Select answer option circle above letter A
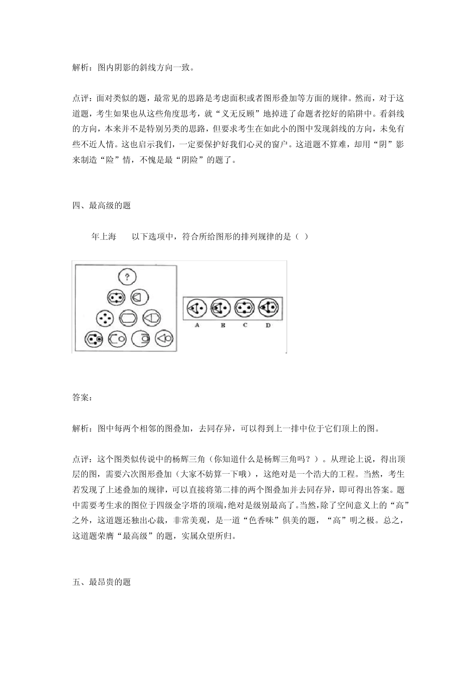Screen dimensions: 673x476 click(x=197, y=308)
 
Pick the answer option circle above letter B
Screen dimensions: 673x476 click(x=220, y=308)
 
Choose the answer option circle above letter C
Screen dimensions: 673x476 click(x=245, y=308)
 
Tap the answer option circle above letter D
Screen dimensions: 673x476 click(x=269, y=308)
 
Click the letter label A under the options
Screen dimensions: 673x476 click(x=197, y=325)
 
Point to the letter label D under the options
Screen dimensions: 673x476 click(x=268, y=325)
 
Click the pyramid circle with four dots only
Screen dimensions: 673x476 click(x=106, y=318)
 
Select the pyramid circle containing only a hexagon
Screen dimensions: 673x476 click(x=129, y=318)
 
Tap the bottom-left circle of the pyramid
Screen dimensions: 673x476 click(x=94, y=339)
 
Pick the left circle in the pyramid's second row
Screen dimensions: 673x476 click(x=116, y=297)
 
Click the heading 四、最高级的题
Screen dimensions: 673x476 click(x=102, y=205)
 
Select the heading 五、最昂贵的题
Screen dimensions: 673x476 click(x=102, y=582)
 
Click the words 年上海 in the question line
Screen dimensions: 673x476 click(x=104, y=236)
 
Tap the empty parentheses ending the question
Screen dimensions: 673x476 click(x=302, y=236)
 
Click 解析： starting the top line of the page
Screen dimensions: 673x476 click(x=82, y=67)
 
